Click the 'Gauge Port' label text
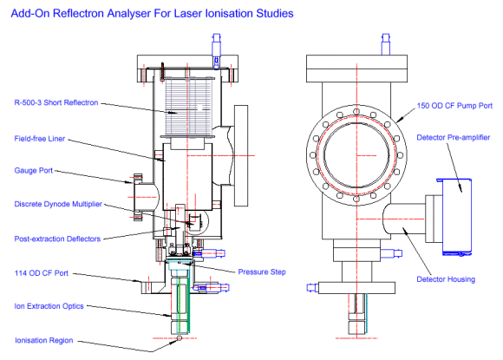coord(32,171)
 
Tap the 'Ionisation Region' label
coord(42,339)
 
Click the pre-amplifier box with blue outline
coord(457,215)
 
